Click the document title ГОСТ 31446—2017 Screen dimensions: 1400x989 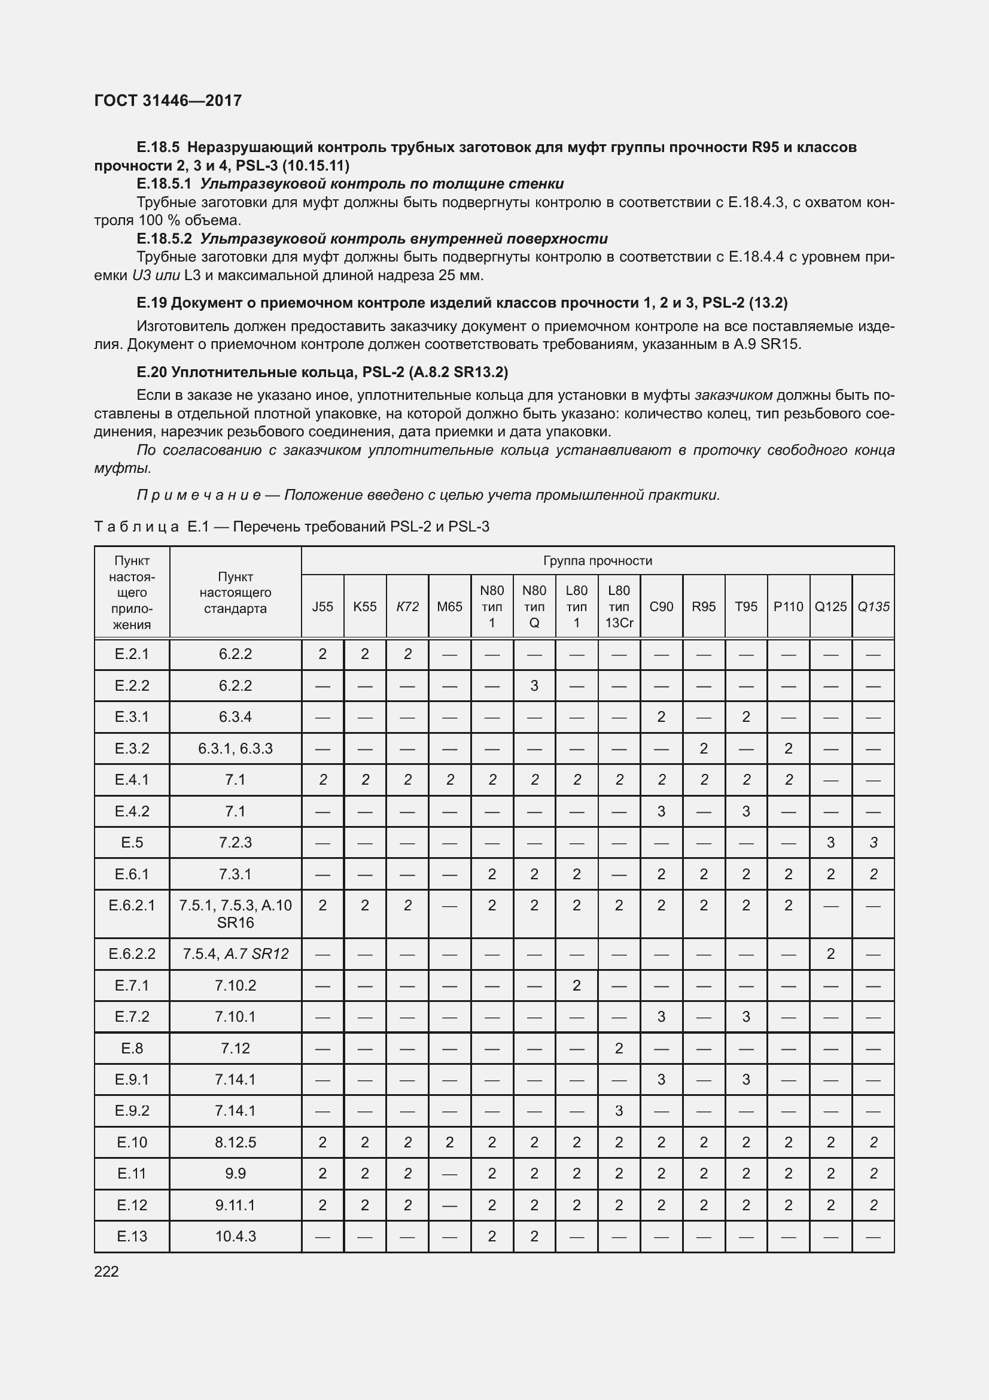pos(168,101)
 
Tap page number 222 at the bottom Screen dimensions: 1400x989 pos(106,1271)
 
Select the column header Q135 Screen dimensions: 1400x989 pos(873,607)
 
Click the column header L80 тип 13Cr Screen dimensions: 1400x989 pos(619,607)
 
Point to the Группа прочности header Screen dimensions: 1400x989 pos(597,561)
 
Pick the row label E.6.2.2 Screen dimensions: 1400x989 pos(132,953)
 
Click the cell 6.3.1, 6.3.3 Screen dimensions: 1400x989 pos(235,748)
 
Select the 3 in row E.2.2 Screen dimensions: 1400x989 pos(534,685)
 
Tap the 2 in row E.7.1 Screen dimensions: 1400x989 pos(576,985)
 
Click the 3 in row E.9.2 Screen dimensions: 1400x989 pos(619,1110)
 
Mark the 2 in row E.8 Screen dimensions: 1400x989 pos(619,1048)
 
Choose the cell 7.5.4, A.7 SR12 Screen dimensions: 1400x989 pos(235,953)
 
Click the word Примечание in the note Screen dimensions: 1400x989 pos(199,495)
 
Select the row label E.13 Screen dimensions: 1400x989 pos(132,1236)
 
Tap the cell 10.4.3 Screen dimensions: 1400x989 pos(235,1236)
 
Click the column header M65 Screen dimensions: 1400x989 pos(449,607)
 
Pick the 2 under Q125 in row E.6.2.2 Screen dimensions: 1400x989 pos(830,953)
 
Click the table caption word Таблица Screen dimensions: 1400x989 pos(136,527)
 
